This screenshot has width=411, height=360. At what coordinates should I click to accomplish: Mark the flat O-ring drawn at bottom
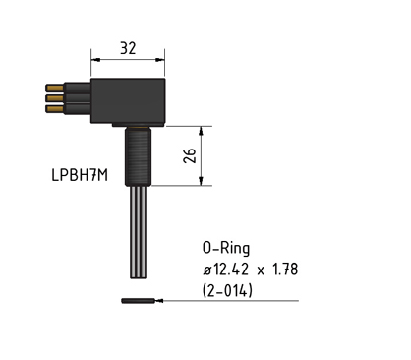pyautogui.click(x=139, y=301)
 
